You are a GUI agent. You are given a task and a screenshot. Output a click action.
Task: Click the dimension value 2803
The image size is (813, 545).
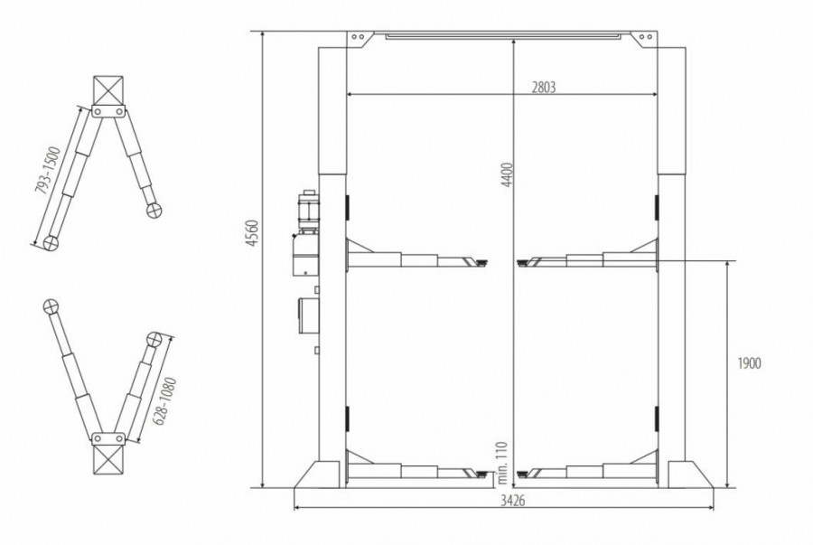point(544,87)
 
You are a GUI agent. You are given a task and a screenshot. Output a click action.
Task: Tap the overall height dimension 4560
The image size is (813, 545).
point(252,233)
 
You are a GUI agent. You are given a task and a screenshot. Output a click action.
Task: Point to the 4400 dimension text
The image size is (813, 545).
point(507,174)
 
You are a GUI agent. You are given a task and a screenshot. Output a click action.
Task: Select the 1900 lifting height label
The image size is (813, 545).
point(749,363)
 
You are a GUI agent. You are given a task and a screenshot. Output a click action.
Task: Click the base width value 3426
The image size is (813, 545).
point(513,501)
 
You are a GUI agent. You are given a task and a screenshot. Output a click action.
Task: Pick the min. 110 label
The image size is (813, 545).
point(501,463)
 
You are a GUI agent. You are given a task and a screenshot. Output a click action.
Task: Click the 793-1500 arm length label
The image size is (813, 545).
point(48,171)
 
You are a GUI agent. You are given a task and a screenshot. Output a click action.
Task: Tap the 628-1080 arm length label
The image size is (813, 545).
point(166,402)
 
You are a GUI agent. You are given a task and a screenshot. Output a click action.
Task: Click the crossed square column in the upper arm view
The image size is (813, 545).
point(108,90)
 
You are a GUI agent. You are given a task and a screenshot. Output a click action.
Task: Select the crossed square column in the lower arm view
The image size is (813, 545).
point(108,459)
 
